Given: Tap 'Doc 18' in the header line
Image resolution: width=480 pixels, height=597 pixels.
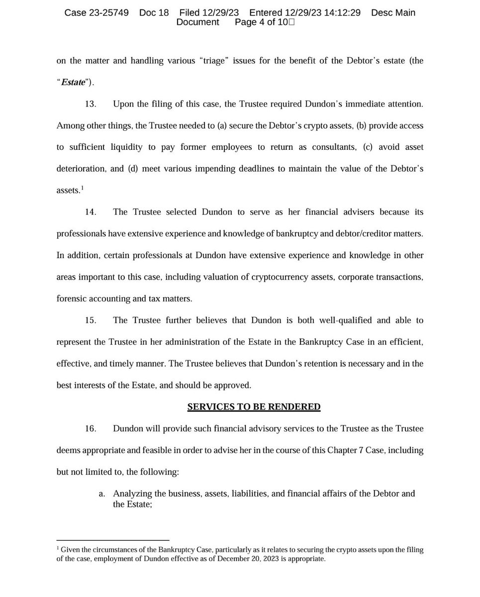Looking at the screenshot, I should point(154,12).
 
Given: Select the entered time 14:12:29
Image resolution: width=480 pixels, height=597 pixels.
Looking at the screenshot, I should point(344,12).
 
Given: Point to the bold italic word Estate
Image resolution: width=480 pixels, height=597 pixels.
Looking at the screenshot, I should point(73,83).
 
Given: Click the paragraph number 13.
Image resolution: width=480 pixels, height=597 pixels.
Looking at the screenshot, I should point(90,104).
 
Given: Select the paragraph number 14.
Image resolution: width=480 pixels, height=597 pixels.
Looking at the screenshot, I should point(90,212).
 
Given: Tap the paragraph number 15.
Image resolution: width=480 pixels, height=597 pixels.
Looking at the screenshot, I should point(90,320).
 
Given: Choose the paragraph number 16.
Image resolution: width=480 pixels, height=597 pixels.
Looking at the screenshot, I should point(90,428).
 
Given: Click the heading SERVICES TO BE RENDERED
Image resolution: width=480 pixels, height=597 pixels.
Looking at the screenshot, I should point(254,407).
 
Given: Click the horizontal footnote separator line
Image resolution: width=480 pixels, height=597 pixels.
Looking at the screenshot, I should point(113,540).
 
